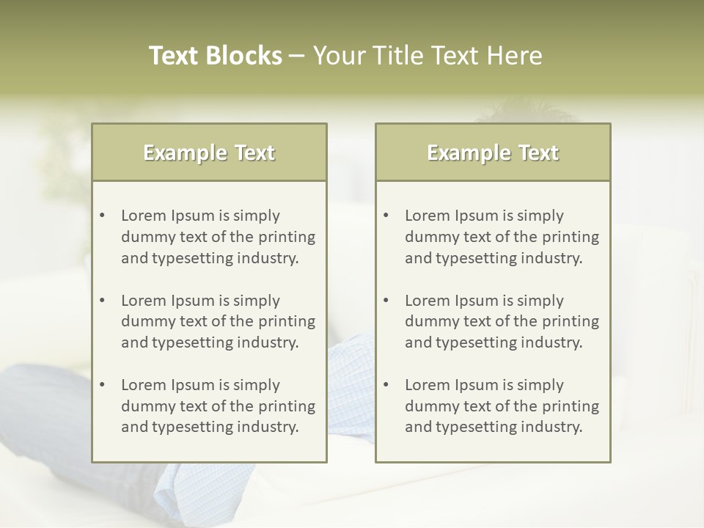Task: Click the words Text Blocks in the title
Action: [216, 56]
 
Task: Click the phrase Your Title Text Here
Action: [428, 56]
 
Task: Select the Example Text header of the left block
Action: [209, 153]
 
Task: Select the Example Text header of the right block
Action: [493, 153]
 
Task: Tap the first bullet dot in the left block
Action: [102, 216]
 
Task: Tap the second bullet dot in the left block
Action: [102, 301]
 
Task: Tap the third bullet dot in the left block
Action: [102, 385]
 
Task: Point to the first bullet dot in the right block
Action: [386, 216]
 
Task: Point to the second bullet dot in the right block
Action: [386, 301]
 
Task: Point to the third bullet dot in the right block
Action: [386, 385]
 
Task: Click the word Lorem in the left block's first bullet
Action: [144, 216]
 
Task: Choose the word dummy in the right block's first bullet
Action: [430, 237]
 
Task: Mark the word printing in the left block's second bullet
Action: [288, 322]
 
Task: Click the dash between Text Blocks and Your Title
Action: [297, 56]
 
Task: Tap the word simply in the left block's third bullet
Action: [257, 385]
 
